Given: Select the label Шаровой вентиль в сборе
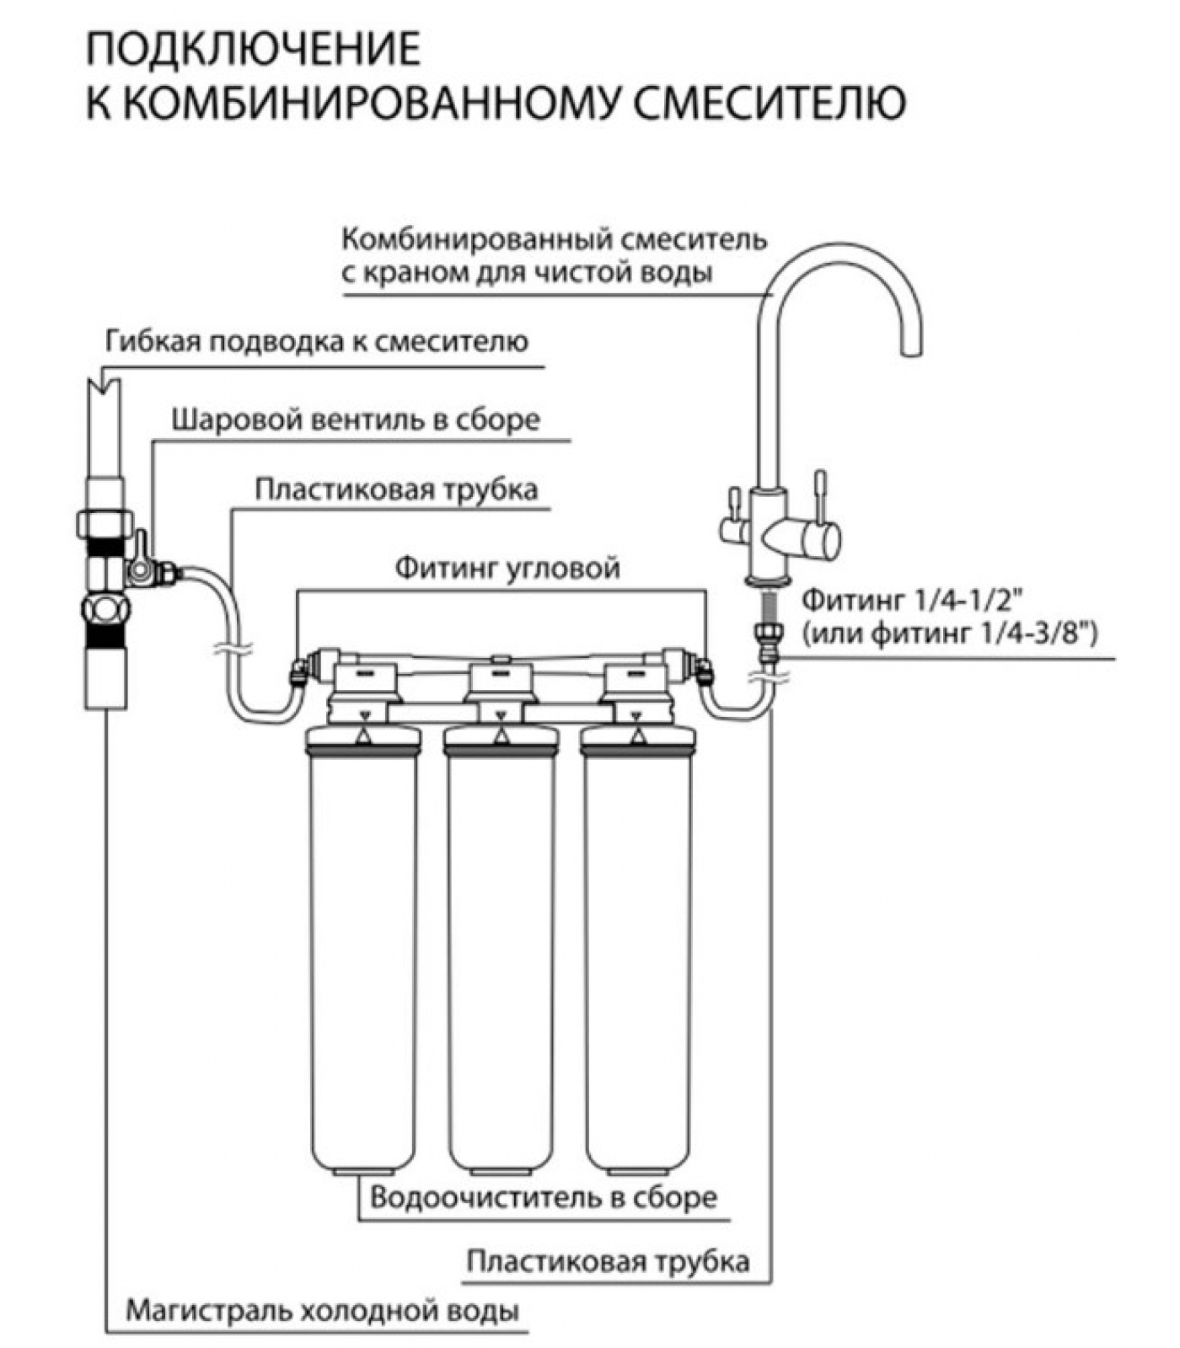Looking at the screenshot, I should click(x=356, y=420).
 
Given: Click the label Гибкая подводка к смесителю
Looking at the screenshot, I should click(x=317, y=342).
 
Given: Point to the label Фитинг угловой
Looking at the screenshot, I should click(x=507, y=569).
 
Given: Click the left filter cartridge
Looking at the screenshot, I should click(x=362, y=952).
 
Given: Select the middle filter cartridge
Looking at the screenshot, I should click(x=501, y=952).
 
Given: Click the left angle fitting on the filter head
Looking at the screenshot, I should click(x=298, y=671).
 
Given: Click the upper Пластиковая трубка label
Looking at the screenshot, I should click(x=396, y=489).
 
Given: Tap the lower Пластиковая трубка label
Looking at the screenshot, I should click(x=608, y=1262).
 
